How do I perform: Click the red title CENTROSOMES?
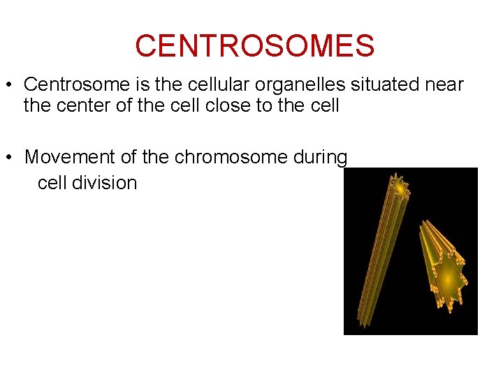click(x=254, y=46)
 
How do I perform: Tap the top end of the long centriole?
click(x=400, y=187)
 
